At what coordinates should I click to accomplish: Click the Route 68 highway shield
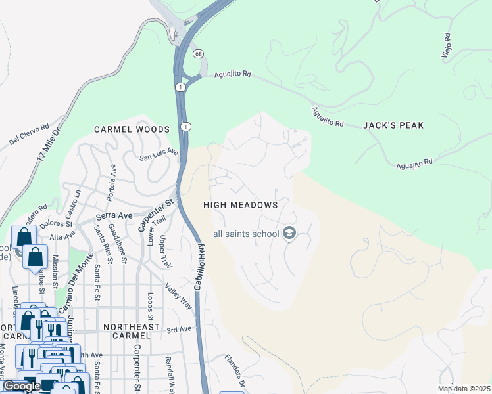pyautogui.click(x=197, y=53)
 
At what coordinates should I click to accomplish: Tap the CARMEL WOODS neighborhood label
pyautogui.click(x=132, y=129)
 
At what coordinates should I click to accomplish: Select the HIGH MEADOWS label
pyautogui.click(x=241, y=205)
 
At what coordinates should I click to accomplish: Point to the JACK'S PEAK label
pyautogui.click(x=393, y=125)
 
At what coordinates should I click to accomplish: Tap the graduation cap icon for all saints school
pyautogui.click(x=289, y=233)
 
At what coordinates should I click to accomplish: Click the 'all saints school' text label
pyautogui.click(x=245, y=234)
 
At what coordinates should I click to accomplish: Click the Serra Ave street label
pyautogui.click(x=114, y=215)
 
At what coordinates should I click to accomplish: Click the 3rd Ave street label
pyautogui.click(x=178, y=330)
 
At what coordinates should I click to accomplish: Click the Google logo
pyautogui.click(x=22, y=386)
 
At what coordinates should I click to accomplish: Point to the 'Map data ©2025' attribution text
pyautogui.click(x=463, y=389)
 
